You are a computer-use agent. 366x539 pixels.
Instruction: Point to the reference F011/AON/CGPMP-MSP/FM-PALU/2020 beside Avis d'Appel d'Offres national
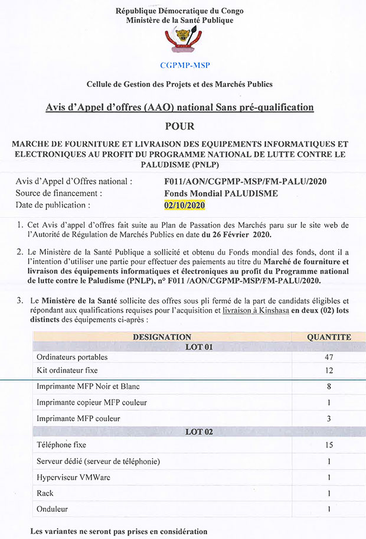(246, 181)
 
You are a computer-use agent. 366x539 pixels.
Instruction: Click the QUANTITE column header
(329, 337)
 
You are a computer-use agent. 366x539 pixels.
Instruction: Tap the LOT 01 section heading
(199, 347)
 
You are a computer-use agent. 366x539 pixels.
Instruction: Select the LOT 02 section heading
(199, 432)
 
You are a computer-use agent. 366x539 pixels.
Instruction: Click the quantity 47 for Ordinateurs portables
(329, 358)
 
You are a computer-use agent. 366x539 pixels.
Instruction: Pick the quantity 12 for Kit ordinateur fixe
(329, 370)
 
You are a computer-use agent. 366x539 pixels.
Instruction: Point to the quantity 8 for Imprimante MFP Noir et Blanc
(329, 387)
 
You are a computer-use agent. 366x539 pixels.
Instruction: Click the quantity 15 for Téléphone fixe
(329, 444)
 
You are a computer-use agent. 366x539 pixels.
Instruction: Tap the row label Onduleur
(52, 508)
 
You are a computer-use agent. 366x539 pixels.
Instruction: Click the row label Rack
(45, 493)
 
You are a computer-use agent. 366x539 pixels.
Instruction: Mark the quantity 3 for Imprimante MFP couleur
(329, 418)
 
